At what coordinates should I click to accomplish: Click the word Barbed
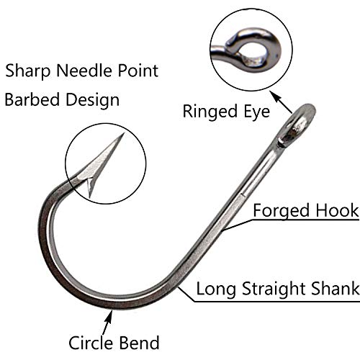tap(32, 99)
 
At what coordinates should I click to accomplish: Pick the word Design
tap(93, 100)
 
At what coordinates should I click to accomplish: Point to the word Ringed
tap(210, 112)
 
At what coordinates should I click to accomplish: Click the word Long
tap(215, 289)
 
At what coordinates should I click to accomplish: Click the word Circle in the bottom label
tap(91, 343)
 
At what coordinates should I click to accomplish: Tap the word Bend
tap(139, 343)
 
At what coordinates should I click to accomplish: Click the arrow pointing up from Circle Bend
tap(107, 322)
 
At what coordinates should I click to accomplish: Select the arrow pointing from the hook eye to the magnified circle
tap(281, 102)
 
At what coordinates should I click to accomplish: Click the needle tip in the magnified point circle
tap(123, 133)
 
